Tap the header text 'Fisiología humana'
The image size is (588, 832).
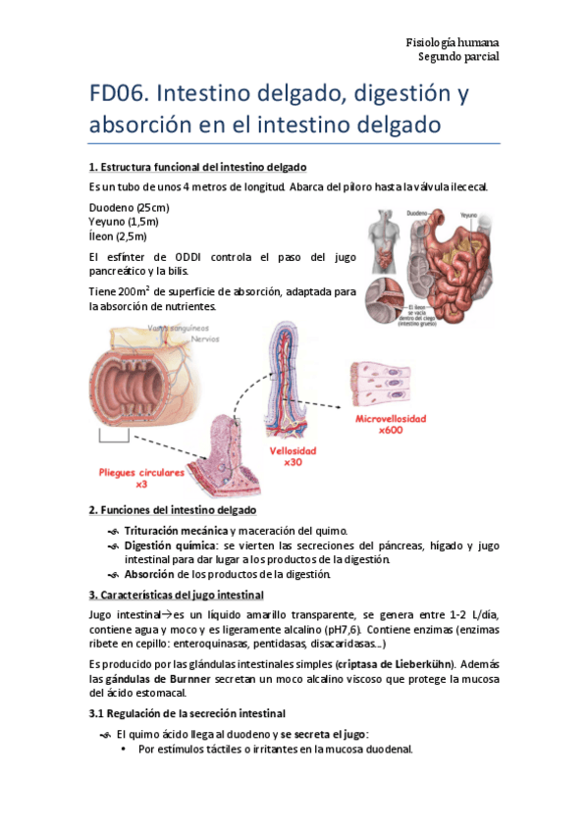[453, 42]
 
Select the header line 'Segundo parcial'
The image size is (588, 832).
[458, 57]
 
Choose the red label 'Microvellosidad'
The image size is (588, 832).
[391, 419]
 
